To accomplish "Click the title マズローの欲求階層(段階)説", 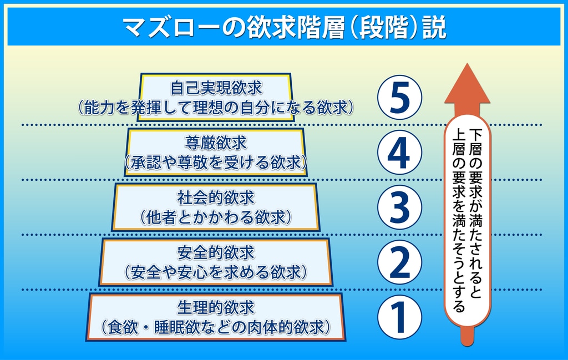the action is (x=285, y=28).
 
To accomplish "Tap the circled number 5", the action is (x=399, y=98).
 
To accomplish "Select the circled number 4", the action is (x=399, y=152).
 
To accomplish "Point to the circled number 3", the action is (x=399, y=207).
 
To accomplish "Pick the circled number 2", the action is (x=399, y=262).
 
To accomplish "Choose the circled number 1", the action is (x=399, y=317).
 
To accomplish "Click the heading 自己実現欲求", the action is (x=216, y=88).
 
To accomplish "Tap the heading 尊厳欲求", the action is (x=216, y=143).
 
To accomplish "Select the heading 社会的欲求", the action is (x=216, y=198).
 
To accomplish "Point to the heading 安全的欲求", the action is (x=216, y=253).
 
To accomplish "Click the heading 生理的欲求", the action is (x=216, y=308).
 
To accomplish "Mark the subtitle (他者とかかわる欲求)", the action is (x=216, y=217).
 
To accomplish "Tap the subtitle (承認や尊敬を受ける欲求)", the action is (x=216, y=163).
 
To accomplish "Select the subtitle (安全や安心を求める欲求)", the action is (x=216, y=273).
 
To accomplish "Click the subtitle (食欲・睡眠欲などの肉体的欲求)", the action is (x=216, y=328).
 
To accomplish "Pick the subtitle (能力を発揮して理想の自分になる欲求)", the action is (x=216, y=108).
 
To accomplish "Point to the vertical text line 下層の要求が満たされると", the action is (x=475, y=213).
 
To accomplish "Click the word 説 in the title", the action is (x=435, y=28).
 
